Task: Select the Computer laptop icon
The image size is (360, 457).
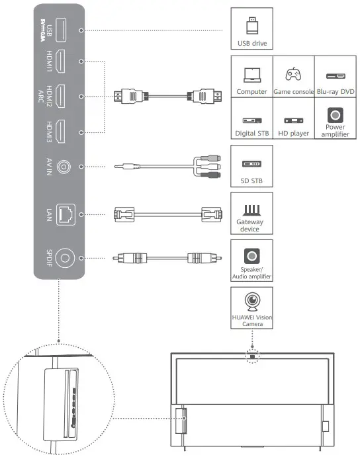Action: coord(251,75)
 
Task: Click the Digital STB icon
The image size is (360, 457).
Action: coord(251,120)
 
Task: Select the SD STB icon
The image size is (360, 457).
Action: coord(251,163)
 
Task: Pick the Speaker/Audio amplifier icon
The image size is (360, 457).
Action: coord(251,255)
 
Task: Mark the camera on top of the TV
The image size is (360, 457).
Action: coord(251,357)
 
